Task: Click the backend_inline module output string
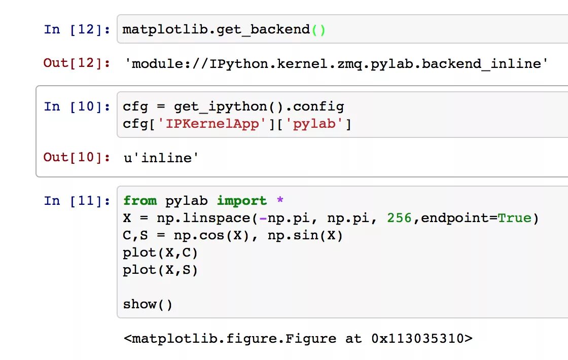(336, 63)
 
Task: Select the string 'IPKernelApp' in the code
(216, 124)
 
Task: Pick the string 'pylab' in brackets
(314, 124)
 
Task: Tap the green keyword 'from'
(140, 201)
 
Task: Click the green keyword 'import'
(242, 201)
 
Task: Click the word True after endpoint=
(514, 218)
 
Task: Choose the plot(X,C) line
(160, 253)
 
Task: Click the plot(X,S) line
(160, 270)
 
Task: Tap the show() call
(148, 304)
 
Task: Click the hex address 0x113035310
(417, 338)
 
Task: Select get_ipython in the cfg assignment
(221, 107)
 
